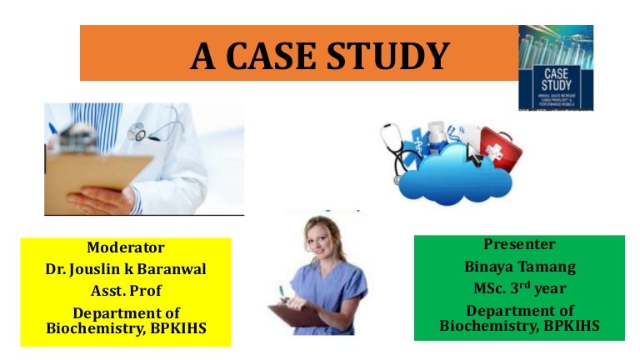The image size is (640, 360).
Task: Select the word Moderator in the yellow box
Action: coord(126,247)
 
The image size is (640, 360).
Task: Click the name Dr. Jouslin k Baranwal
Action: coord(126,270)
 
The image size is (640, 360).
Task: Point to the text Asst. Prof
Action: coord(126,292)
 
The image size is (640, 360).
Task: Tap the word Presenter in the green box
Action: coord(519,244)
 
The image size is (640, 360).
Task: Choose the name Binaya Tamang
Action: coord(519,267)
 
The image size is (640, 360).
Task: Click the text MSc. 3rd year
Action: coord(519,288)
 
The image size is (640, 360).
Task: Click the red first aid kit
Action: coord(501,151)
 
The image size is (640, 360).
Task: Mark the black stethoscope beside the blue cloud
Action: coord(396,154)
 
